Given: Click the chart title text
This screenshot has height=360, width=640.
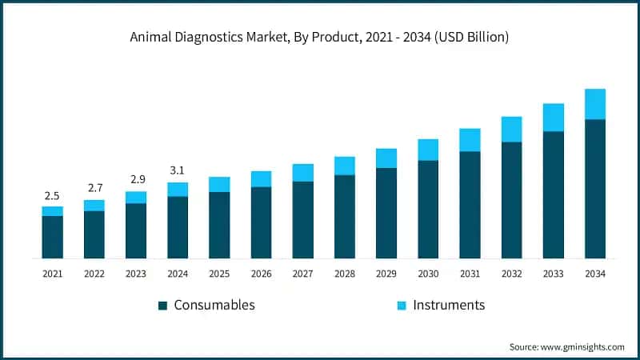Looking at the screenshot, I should pos(320,38).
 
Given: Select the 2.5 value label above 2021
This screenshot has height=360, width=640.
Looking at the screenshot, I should pos(52,195).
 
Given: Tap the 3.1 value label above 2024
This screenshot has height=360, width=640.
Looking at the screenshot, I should pos(178,170).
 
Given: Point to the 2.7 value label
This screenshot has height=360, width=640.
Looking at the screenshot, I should pos(94,188).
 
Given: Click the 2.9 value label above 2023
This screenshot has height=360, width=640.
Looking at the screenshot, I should pos(136,179).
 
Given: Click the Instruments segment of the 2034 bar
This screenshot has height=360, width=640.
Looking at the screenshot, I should pos(594,104).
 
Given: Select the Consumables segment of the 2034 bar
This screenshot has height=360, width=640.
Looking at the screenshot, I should pos(594,189).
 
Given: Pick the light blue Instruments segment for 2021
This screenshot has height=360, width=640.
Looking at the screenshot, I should pos(52,211).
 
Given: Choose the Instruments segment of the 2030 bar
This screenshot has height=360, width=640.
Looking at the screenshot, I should pos(428,150).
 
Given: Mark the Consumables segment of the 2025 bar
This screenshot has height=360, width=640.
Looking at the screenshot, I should pos(219,225).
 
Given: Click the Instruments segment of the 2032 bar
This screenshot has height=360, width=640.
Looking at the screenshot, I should pos(511,129).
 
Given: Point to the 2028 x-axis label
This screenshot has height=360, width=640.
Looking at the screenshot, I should pos(345,274).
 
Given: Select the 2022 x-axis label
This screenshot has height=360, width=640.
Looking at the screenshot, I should pos(94,274).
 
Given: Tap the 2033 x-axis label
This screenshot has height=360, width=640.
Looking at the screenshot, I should pos(553,274).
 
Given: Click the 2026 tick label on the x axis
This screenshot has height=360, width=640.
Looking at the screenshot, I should pos(261,274).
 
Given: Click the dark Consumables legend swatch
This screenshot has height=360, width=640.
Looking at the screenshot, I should pos(162,306).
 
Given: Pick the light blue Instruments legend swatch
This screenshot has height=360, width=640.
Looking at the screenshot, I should pos(402,306).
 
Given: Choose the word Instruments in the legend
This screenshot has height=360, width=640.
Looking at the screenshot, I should pos(449,305).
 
